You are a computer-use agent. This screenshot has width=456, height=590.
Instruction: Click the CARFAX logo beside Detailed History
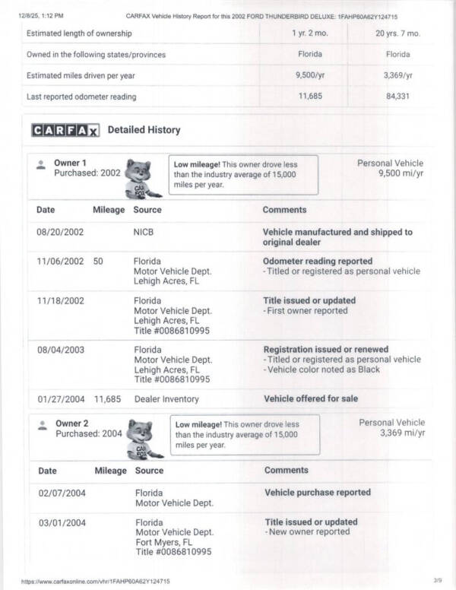pyautogui.click(x=65, y=130)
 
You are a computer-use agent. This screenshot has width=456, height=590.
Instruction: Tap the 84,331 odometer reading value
pyautogui.click(x=397, y=96)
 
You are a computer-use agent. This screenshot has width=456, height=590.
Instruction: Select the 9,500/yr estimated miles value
pyautogui.click(x=310, y=75)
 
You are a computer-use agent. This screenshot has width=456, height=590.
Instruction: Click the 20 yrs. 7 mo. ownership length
pyautogui.click(x=397, y=33)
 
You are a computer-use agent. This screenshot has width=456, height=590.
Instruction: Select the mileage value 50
pyautogui.click(x=98, y=261)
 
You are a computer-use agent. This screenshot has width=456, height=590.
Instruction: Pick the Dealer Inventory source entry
pyautogui.click(x=166, y=398)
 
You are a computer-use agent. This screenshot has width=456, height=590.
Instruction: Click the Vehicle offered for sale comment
pyautogui.click(x=311, y=398)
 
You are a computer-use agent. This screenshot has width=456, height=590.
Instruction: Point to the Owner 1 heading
pyautogui.click(x=70, y=163)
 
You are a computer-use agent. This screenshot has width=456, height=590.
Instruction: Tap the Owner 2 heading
pyautogui.click(x=72, y=423)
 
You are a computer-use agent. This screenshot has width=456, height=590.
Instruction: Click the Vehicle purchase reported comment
pyautogui.click(x=318, y=493)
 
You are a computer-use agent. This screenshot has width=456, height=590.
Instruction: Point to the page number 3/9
pyautogui.click(x=437, y=581)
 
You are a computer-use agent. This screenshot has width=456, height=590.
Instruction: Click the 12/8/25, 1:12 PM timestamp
pyautogui.click(x=41, y=15)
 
